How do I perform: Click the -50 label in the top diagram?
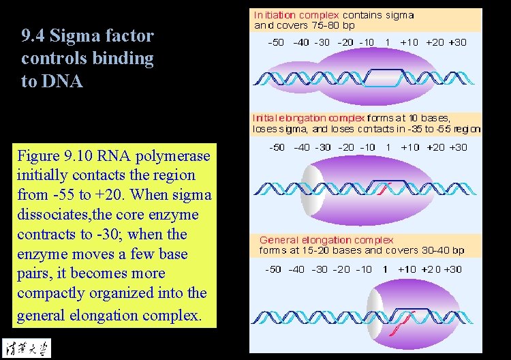point(276,42)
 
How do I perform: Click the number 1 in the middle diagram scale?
point(387,147)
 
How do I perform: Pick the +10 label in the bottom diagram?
point(407,269)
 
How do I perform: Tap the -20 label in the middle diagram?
point(345,147)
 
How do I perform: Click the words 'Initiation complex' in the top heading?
point(296,14)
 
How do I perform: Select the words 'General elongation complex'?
point(326,240)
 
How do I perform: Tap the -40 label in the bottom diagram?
point(296,269)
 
